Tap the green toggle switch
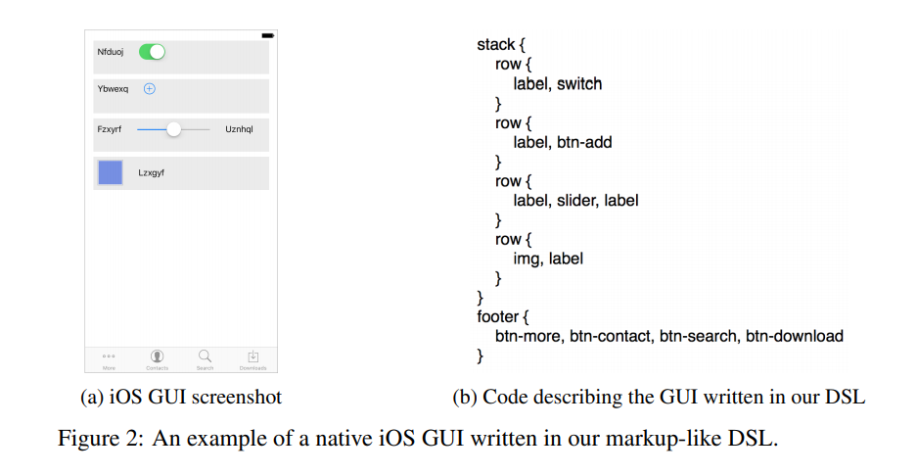(x=152, y=51)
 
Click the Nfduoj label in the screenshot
(x=110, y=51)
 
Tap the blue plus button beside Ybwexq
(x=150, y=89)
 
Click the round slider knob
(x=174, y=129)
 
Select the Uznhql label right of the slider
(x=239, y=129)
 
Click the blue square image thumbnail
(x=111, y=173)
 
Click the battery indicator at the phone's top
(x=267, y=35)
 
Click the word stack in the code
(x=495, y=45)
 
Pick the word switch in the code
(x=579, y=84)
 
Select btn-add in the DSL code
(x=584, y=142)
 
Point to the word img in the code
(x=526, y=259)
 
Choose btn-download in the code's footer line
(x=794, y=336)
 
